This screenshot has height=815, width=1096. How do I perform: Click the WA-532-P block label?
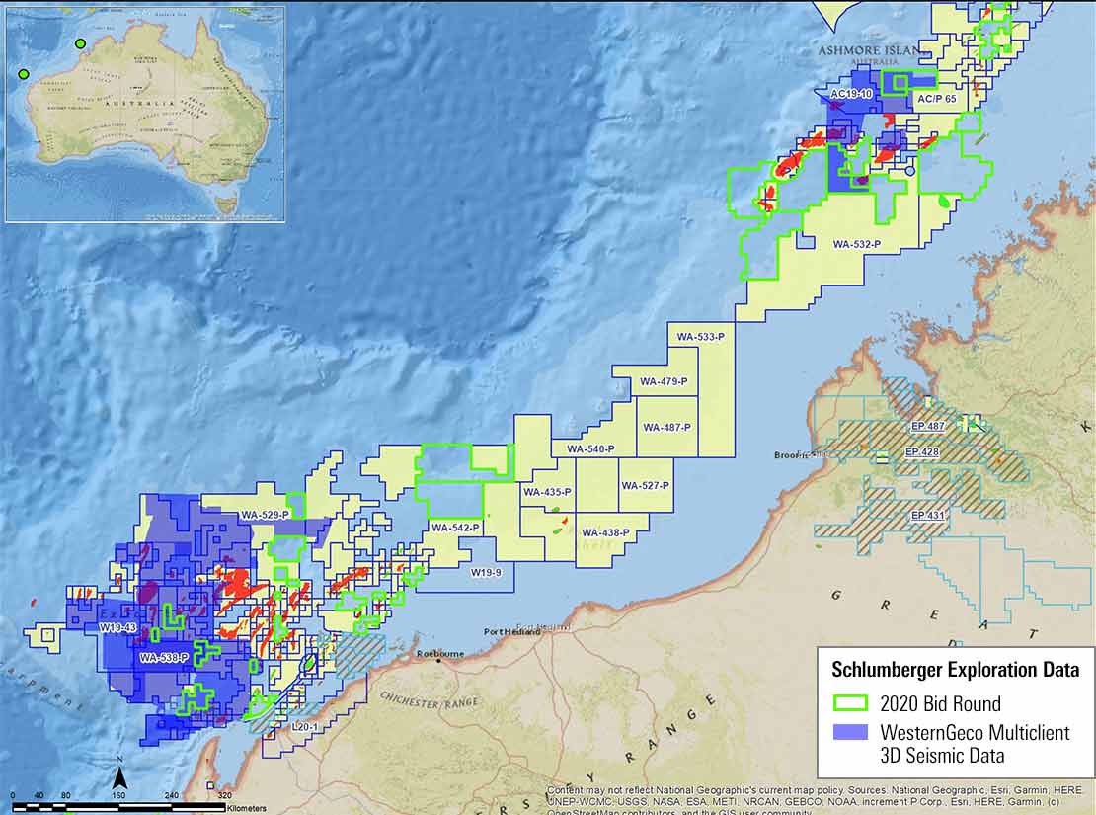click(x=856, y=243)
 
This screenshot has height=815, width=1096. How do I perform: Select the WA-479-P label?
click(x=664, y=381)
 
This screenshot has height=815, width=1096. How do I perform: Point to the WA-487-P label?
click(x=666, y=427)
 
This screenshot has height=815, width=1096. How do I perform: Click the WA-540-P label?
click(x=590, y=449)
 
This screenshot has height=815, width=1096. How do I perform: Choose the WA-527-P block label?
click(x=645, y=486)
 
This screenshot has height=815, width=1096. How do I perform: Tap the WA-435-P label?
click(x=548, y=492)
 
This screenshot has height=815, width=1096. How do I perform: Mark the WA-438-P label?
click(x=606, y=532)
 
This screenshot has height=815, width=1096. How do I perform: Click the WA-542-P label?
click(x=455, y=529)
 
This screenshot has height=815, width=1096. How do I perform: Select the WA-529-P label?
click(x=265, y=515)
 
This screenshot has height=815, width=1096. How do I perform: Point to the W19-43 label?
click(x=117, y=627)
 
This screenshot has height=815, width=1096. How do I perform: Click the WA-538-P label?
click(x=164, y=657)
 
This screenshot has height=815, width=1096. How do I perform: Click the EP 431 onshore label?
click(x=929, y=516)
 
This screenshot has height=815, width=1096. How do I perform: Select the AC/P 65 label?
click(x=936, y=100)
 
